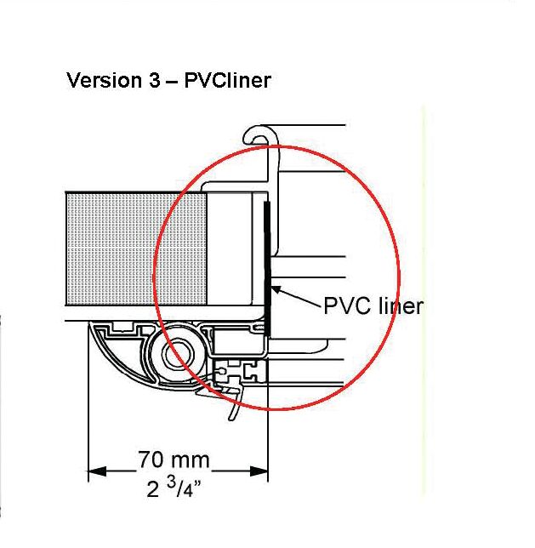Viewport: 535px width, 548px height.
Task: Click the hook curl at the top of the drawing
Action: point(256,134)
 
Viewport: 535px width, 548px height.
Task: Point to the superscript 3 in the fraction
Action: point(180,483)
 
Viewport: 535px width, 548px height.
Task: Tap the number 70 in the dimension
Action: point(151,460)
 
